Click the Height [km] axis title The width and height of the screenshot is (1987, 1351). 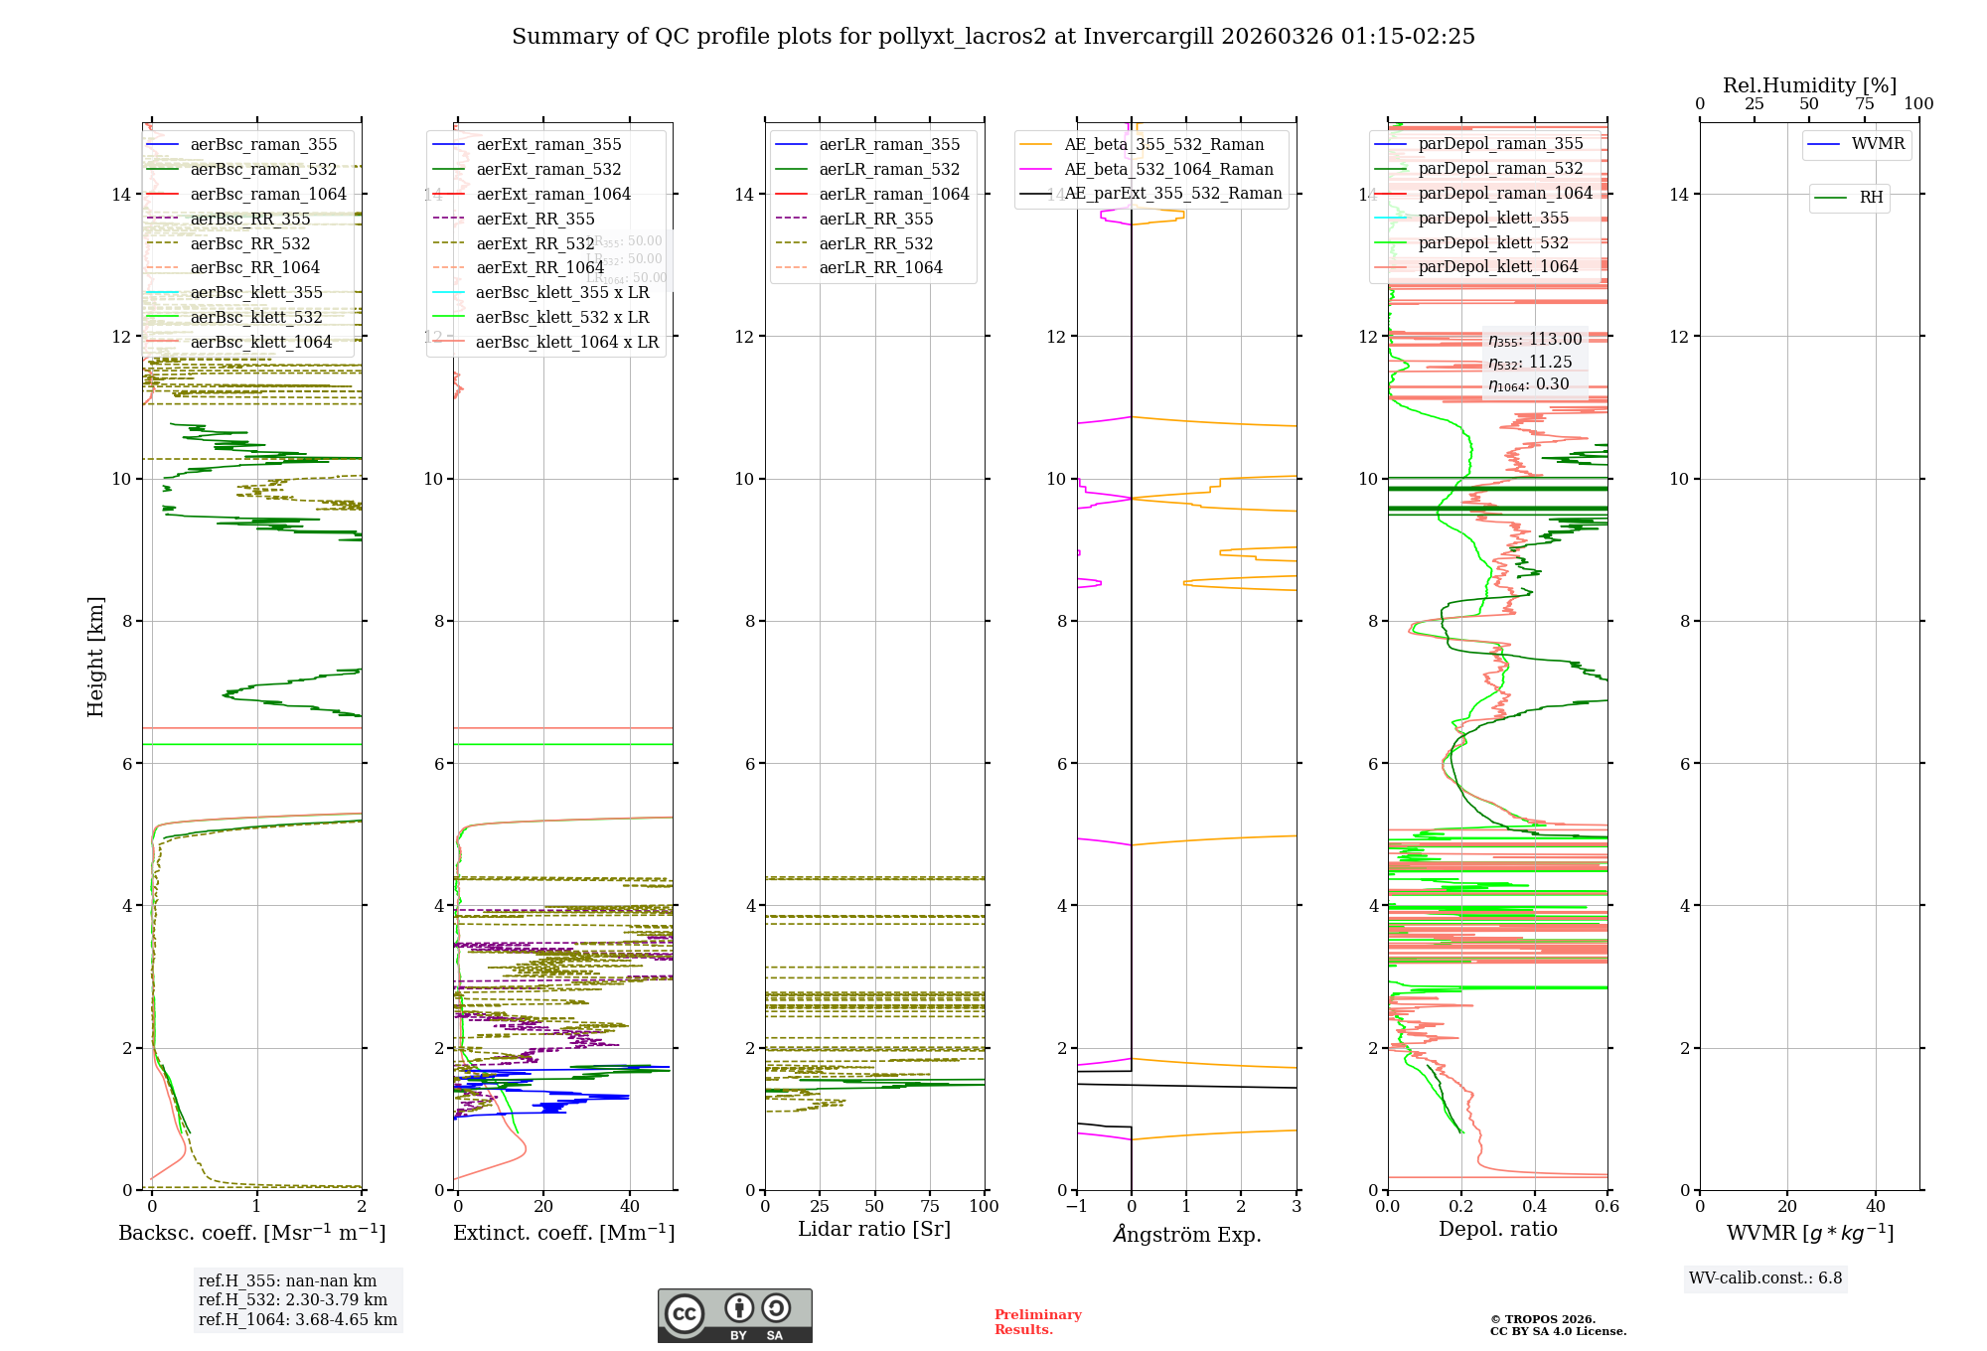pos(95,656)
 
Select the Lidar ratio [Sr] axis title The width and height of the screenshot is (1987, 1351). pos(874,1230)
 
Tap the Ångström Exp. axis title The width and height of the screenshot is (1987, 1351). pos(1187,1235)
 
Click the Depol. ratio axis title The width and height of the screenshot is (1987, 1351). pos(1498,1230)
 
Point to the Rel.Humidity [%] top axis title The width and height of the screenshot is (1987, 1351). pos(1809,85)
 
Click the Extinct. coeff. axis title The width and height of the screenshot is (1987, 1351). pos(563,1233)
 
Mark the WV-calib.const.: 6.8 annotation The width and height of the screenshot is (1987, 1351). pos(1765,1278)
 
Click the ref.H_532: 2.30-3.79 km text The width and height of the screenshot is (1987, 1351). pos(293,1300)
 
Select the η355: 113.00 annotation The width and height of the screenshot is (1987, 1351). pos(1535,340)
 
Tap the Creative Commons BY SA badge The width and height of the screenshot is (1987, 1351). pos(734,1316)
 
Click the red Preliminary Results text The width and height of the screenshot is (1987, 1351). pos(1037,1322)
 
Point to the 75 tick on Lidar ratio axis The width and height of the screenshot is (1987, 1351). pos(930,1207)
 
